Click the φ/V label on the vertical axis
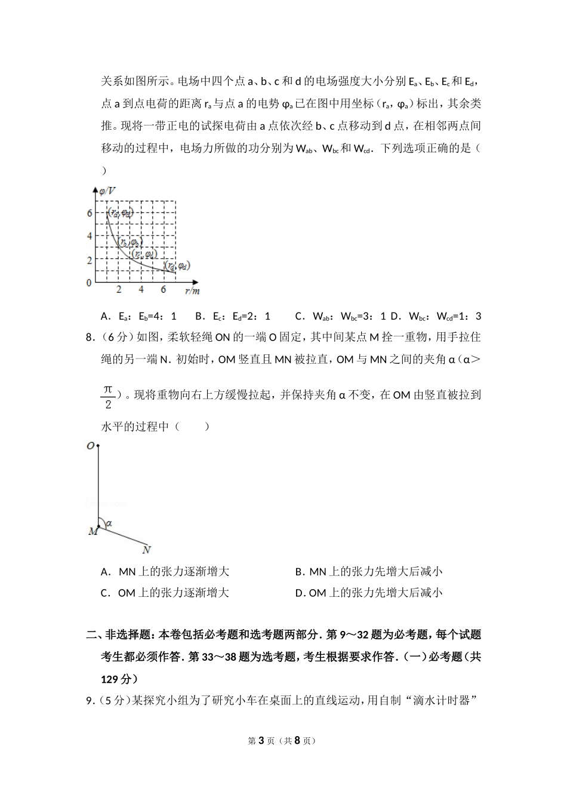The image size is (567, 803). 107,191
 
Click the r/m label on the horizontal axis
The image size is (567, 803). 192,291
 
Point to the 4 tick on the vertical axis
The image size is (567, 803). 90,236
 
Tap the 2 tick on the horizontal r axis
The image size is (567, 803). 119,290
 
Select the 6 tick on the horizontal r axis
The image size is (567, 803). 163,290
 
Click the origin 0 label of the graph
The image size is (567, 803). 90,283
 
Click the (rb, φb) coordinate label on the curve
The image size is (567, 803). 128,243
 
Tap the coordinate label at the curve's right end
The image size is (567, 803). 177,265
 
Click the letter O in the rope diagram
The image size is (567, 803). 90,446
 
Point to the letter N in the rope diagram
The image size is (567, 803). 147,550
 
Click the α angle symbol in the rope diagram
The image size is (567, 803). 109,523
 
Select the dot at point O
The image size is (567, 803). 98,446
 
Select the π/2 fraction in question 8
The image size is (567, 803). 107,397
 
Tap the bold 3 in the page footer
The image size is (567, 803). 260,741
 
